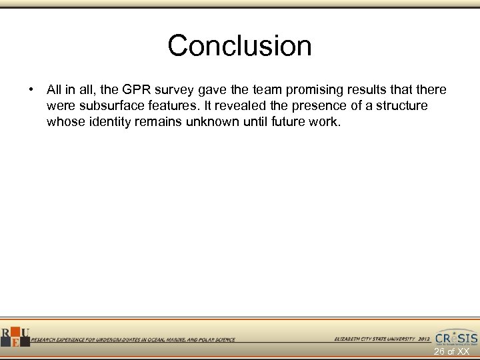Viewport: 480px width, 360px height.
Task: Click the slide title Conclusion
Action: (x=239, y=46)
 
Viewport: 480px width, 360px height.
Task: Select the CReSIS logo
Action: (x=456, y=337)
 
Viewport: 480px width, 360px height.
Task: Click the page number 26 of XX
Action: (x=452, y=351)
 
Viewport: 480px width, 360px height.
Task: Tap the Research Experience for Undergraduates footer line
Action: (x=133, y=340)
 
